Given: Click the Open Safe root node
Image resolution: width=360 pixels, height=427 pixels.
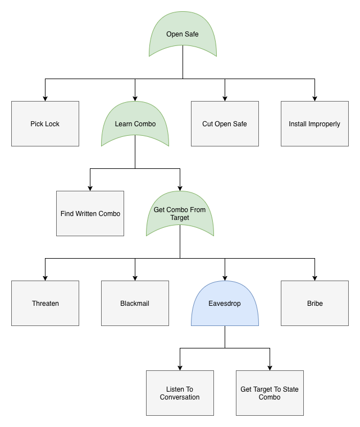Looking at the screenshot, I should [x=183, y=35].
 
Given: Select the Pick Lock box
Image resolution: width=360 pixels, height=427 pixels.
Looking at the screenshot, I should [x=45, y=124].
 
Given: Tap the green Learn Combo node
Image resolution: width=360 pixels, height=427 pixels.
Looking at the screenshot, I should [x=135, y=124].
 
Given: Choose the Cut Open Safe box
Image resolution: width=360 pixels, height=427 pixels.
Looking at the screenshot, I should [x=225, y=124].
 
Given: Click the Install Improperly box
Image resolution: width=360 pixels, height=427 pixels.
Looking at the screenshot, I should [x=315, y=124].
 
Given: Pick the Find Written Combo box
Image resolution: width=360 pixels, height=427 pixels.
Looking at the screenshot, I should [x=90, y=214].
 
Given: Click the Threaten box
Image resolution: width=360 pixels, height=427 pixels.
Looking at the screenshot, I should [x=45, y=304].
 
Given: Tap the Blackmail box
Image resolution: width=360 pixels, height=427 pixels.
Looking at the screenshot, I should [x=135, y=304].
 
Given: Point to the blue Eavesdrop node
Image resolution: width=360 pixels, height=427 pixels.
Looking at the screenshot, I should [x=225, y=304].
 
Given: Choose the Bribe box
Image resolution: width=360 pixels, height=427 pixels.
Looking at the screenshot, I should [x=315, y=304].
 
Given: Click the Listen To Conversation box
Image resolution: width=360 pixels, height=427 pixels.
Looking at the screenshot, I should [x=180, y=393].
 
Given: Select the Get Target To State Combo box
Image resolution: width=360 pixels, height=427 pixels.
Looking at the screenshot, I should [x=270, y=393].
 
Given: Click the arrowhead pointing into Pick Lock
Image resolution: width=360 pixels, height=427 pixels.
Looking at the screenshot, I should [x=45, y=98].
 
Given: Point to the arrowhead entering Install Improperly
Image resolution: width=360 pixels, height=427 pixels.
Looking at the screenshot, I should [x=315, y=98].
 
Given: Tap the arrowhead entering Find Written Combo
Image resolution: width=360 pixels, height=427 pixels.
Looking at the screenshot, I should [x=90, y=188].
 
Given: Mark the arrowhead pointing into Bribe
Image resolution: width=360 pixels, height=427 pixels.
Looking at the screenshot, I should [x=315, y=278].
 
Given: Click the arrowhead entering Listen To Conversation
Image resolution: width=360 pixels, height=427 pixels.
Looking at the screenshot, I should [x=180, y=368].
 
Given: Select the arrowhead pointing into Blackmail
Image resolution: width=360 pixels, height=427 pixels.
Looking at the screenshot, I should [x=135, y=278].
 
